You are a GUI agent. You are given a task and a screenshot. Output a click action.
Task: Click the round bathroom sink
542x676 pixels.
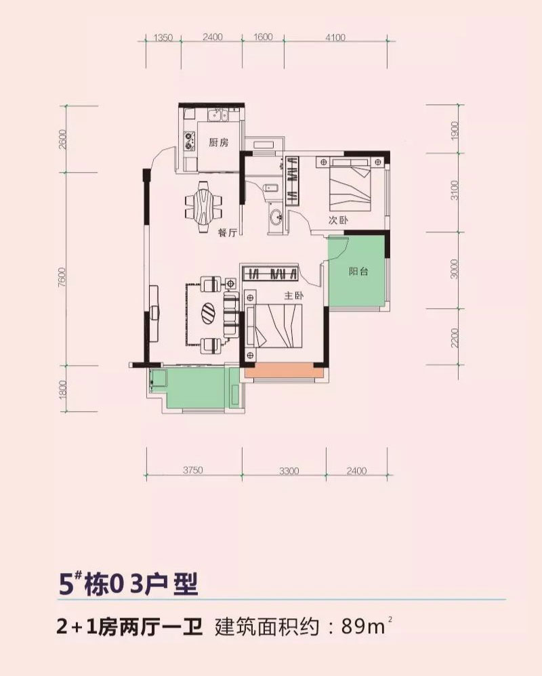pyautogui.click(x=276, y=217)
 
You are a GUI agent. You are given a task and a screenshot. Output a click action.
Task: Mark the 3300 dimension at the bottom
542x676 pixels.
pyautogui.click(x=289, y=471)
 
